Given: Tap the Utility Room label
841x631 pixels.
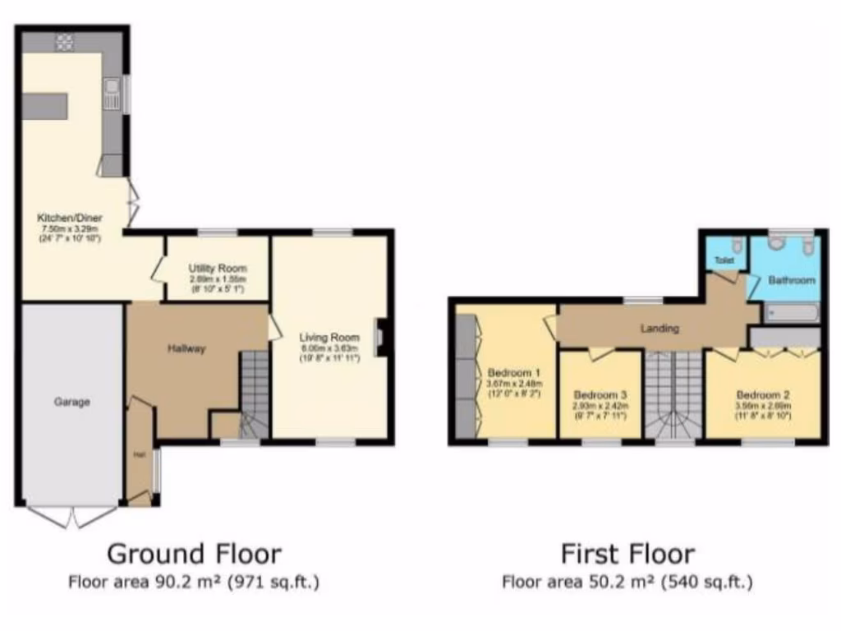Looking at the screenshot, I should coord(217,269).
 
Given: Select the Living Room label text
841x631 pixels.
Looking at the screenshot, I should coord(329,337).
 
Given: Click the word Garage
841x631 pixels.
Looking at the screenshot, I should coord(71,402).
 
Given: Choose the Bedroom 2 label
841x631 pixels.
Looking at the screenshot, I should coord(763,393).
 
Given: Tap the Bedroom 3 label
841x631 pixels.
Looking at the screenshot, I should coord(600,394).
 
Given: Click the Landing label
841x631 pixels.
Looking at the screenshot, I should coord(659,329).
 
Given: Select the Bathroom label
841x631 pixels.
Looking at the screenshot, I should coord(792,280).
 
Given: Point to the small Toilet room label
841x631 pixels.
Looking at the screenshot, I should coord(724,260).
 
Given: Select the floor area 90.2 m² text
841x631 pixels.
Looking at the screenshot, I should coord(194,583).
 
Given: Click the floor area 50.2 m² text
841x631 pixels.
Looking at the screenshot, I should coord(627,583).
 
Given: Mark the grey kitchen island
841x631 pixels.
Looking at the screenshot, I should coord(44,106).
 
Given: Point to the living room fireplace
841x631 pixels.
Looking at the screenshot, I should coord(380,337).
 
